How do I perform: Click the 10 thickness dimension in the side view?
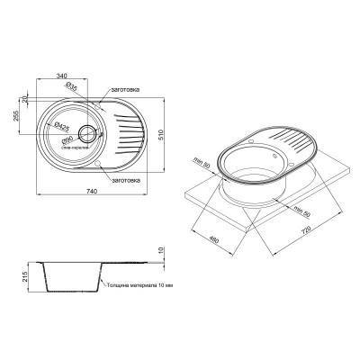click(161, 250)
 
